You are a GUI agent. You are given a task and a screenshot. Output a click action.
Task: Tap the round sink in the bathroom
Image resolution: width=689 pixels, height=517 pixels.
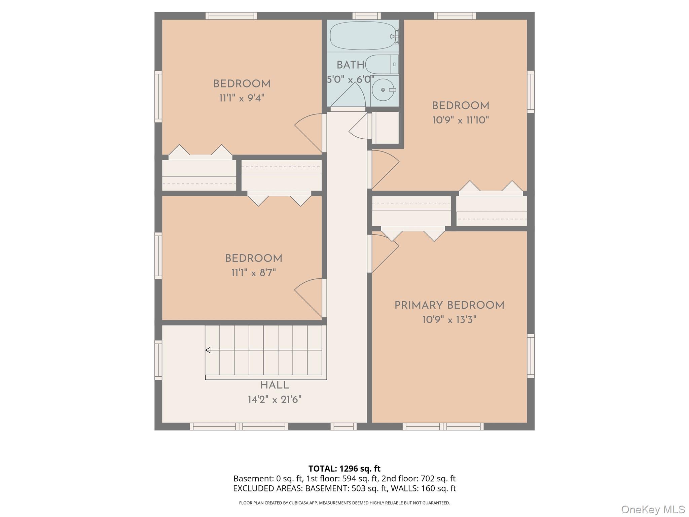click(383, 90)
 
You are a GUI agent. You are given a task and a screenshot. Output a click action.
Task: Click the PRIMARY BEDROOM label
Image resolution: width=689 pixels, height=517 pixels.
click(449, 305)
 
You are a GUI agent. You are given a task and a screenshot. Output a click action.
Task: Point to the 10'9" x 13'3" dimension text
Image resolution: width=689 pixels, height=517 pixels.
click(449, 319)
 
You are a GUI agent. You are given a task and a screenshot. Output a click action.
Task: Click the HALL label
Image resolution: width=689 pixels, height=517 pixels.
click(275, 385)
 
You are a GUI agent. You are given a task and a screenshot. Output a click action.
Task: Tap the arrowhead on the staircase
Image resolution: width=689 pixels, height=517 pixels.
click(208, 350)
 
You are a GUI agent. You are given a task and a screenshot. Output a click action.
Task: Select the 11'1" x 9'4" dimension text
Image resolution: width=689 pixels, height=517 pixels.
click(242, 98)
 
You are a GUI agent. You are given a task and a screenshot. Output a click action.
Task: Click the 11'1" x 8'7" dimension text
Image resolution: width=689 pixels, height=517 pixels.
click(253, 273)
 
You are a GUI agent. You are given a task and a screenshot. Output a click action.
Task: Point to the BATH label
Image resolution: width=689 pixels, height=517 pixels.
click(350, 65)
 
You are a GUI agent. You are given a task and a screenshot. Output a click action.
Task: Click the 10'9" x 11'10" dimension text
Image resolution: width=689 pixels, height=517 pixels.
click(460, 120)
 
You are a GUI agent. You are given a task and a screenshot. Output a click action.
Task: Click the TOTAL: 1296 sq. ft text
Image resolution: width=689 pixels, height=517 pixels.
click(344, 469)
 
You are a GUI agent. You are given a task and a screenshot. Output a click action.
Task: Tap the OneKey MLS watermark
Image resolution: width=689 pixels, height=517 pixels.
click(653, 510)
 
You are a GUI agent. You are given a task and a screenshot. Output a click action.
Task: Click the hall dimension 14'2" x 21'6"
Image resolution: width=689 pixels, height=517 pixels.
click(275, 400)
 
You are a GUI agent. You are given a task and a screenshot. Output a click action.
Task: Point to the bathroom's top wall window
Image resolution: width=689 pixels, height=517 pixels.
click(366, 15)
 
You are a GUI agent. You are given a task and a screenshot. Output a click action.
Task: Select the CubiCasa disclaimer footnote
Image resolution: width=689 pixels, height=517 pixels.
click(344, 503)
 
